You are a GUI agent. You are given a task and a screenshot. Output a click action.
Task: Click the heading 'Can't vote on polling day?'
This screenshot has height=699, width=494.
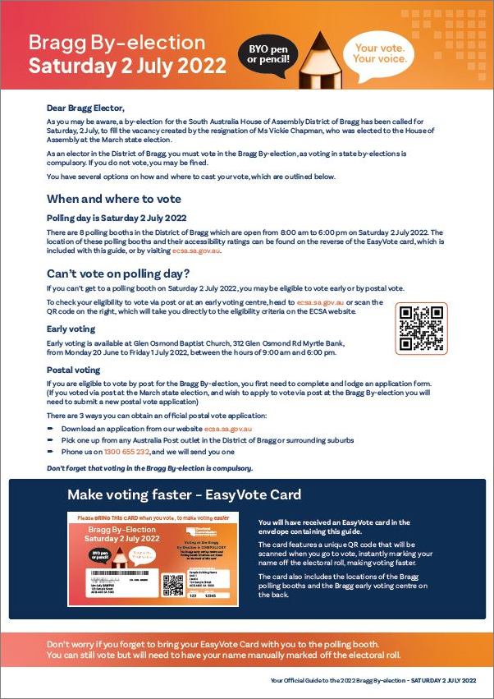117,273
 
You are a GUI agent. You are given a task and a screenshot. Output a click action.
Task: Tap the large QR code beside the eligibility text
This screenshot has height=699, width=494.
421,328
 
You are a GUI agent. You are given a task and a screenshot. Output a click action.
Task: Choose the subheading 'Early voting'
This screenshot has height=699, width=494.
71,329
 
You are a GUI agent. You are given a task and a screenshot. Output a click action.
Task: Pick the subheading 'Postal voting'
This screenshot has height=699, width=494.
73,370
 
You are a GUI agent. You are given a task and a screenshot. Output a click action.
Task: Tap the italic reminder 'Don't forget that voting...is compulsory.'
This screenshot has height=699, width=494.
149,468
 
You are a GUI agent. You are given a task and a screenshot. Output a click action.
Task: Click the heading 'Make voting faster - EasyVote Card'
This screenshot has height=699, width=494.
184,495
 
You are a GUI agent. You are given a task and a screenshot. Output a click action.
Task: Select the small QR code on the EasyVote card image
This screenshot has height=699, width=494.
172,584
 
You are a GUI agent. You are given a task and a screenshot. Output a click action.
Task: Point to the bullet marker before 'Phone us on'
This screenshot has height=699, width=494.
50,453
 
